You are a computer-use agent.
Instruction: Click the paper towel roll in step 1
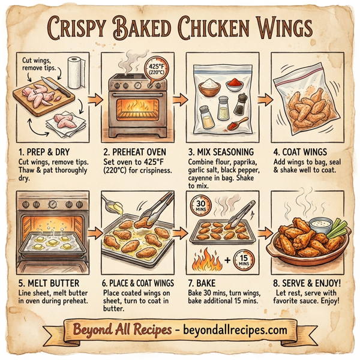pos(76,70)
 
